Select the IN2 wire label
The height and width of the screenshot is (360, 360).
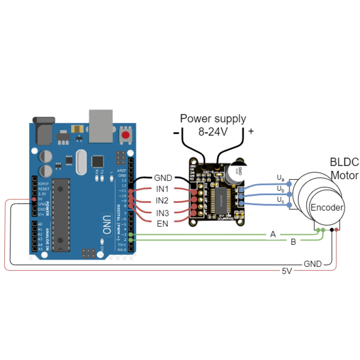coord(162,200)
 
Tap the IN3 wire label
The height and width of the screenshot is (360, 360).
coord(162,212)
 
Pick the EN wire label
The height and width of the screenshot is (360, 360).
coord(162,224)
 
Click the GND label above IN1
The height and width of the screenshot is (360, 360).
coord(162,177)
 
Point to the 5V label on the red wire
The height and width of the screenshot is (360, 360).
coord(287,271)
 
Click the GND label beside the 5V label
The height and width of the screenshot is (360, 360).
coord(313,264)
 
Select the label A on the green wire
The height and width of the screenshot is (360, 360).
coord(273,234)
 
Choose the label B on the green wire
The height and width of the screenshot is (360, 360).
coord(293,243)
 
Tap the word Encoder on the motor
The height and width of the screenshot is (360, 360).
coord(327,208)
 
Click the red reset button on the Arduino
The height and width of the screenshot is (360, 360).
coord(126,135)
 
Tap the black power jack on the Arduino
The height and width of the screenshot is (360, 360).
coord(44,130)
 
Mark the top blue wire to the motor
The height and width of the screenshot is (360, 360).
coord(265,184)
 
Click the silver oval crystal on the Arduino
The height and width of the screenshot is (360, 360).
coord(81,162)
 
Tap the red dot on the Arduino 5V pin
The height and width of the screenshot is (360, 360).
coord(34,199)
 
